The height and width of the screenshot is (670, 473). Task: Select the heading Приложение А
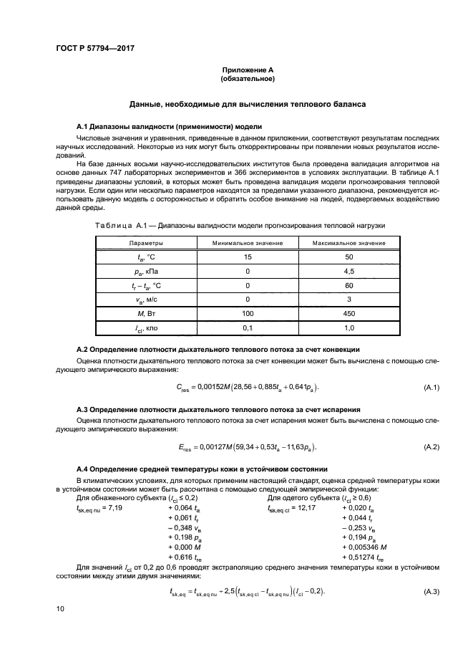tap(247, 69)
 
